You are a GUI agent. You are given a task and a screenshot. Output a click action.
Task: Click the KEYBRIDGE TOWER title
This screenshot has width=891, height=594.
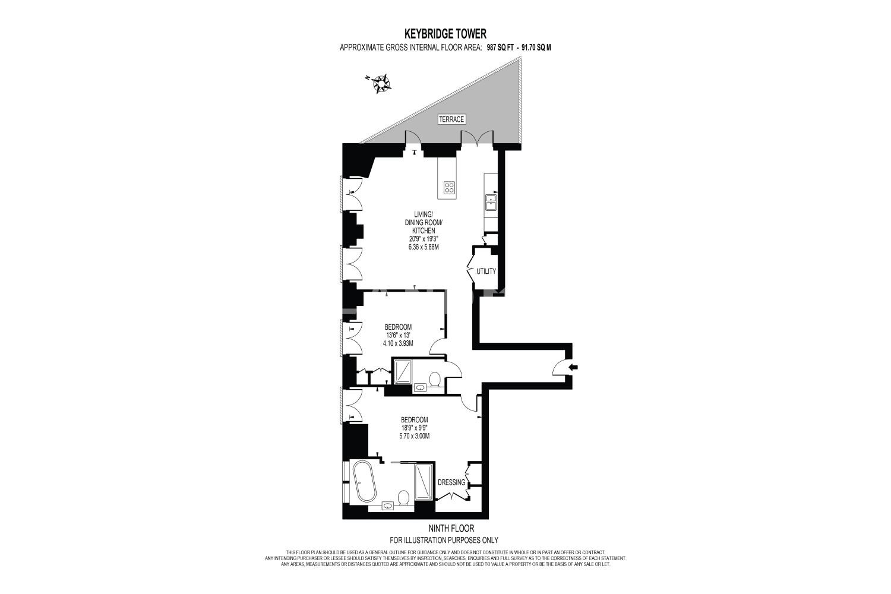[x=445, y=33]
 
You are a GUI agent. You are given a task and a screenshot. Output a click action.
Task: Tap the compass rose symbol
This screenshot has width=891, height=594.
[x=381, y=84]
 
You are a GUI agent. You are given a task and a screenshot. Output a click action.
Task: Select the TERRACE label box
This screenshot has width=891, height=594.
[x=451, y=119]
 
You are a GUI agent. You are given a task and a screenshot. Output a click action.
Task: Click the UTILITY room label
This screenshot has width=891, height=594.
[x=486, y=271]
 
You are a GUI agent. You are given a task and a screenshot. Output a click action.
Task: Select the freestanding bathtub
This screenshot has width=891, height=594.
[x=364, y=481]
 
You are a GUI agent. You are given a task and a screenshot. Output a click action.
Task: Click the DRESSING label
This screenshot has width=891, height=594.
[x=451, y=482]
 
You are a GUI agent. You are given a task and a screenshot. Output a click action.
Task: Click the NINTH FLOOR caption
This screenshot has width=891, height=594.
[x=451, y=528]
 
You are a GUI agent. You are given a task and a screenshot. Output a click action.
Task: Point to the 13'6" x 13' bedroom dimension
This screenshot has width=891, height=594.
[x=398, y=335]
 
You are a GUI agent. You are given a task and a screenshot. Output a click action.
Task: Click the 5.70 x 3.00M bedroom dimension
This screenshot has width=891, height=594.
[x=415, y=436]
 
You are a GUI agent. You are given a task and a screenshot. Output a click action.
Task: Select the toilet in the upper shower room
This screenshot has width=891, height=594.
[x=435, y=379]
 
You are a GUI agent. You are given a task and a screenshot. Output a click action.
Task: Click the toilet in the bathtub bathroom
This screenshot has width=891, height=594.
[x=404, y=498]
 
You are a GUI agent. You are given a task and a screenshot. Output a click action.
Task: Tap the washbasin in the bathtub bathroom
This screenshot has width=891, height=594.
[x=387, y=506]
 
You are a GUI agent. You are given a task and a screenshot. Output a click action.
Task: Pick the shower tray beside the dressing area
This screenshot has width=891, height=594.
[x=424, y=481]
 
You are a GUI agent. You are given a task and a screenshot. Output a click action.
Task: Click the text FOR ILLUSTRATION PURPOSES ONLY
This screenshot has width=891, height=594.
[x=444, y=541]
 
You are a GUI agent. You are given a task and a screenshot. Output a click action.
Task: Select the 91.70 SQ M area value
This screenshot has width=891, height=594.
[x=538, y=48]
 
